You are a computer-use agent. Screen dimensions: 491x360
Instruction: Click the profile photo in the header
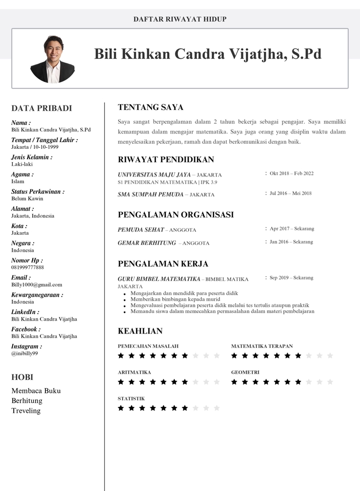[53, 59]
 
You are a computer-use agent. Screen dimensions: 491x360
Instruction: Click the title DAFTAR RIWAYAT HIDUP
[180, 19]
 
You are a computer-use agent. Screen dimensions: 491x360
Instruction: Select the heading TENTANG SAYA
[150, 107]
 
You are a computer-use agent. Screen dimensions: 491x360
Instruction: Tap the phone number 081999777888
[28, 267]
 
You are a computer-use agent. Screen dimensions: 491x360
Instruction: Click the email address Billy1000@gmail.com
[37, 284]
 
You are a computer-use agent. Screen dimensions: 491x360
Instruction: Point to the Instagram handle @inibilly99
[25, 353]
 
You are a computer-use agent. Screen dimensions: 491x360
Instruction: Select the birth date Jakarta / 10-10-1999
[35, 147]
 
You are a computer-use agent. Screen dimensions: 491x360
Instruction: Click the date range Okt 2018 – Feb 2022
[291, 173]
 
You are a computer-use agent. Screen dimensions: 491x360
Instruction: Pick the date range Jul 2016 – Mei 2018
[290, 193]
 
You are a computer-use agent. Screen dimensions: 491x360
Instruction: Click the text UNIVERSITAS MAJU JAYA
[154, 175]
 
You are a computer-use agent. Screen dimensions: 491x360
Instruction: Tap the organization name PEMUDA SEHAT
[141, 230]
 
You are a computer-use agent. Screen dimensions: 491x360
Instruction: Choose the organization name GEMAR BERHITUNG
[147, 243]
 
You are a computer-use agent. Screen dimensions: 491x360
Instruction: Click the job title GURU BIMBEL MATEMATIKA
[159, 279]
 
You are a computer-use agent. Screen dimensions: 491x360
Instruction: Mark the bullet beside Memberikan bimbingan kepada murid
[125, 300]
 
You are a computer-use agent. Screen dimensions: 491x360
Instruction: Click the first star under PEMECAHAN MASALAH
[121, 355]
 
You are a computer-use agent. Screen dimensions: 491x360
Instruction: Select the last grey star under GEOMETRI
[330, 382]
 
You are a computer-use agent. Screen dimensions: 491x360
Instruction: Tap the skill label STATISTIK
[131, 398]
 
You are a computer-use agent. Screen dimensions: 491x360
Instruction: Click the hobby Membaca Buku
[36, 391]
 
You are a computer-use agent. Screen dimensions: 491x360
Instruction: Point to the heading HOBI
[22, 377]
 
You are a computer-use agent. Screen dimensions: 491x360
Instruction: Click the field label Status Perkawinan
[37, 192]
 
